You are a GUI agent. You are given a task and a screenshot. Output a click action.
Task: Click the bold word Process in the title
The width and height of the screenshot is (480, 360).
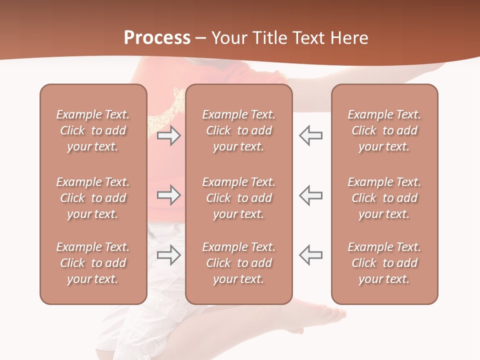point(157,38)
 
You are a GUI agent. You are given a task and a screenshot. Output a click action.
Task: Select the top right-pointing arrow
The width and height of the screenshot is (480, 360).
point(168,135)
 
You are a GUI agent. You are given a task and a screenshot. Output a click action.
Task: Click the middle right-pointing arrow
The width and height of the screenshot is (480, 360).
point(168,195)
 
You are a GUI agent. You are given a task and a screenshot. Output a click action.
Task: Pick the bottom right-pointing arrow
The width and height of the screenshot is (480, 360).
point(168,255)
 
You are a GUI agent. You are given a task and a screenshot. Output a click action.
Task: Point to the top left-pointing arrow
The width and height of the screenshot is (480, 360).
point(310,135)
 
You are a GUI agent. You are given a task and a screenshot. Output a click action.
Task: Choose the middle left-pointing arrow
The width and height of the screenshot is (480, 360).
point(310,195)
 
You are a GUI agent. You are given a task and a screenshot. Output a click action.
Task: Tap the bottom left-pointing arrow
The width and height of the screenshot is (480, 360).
point(310,255)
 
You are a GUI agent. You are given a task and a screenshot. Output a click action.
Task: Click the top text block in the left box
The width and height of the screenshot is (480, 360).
point(93,130)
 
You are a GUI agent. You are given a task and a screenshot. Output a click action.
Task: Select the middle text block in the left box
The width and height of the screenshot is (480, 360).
point(93,198)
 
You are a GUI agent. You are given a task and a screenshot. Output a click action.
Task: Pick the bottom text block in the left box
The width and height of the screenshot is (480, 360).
point(93,263)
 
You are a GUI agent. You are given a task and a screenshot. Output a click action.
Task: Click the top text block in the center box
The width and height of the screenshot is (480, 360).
point(238,130)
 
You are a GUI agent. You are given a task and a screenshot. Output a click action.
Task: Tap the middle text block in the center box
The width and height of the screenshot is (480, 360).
point(238,198)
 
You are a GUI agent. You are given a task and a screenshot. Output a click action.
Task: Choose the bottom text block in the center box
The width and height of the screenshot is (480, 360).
point(238,263)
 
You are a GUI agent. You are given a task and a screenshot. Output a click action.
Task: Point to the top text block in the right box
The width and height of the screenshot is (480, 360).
point(384,130)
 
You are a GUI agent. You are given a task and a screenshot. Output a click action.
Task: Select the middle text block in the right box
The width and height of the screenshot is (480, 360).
point(384,198)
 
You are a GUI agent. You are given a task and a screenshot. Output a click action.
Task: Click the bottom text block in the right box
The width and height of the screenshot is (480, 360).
point(384,263)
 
